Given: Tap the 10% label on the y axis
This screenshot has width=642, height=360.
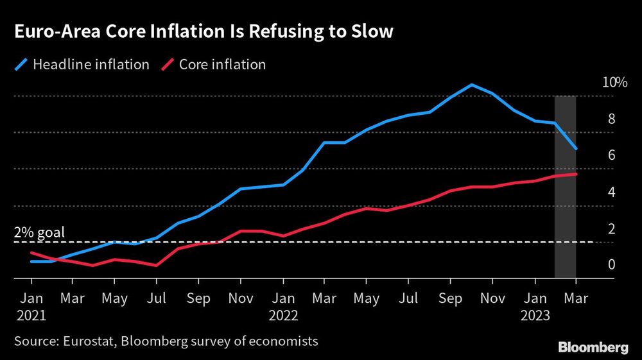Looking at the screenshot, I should point(614,82).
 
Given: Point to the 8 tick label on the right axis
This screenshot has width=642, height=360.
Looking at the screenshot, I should point(612,119).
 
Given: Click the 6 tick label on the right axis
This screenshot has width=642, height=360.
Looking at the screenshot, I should point(612,155).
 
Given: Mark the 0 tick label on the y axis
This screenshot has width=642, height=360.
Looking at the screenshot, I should point(612,264).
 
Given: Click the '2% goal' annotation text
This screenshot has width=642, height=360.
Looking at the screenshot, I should point(39,232).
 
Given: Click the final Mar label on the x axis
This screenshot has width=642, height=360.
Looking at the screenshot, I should point(576,298).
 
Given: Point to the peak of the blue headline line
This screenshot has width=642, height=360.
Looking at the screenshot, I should point(471,85).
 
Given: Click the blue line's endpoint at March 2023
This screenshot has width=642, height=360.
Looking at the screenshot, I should point(576,149).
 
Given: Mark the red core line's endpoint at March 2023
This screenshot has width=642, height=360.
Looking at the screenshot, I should point(576,174).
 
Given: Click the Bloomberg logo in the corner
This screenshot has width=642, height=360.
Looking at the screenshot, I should point(593,347).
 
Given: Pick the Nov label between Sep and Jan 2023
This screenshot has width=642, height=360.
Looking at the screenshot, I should point(492,298).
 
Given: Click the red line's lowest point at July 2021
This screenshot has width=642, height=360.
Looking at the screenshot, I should point(157,265).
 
